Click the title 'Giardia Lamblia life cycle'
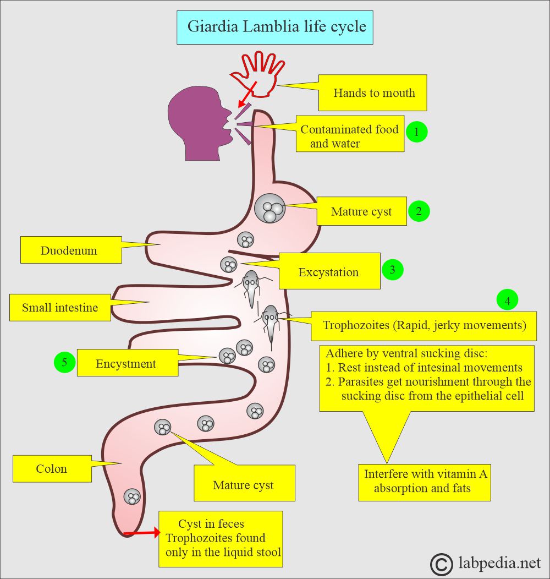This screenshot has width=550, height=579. [275, 26]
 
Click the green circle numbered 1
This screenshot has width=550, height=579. [416, 132]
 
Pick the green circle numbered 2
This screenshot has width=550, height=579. [419, 211]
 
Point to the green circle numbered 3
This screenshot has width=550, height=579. [392, 270]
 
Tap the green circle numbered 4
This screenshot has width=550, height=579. [507, 301]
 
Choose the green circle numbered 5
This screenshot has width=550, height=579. [64, 362]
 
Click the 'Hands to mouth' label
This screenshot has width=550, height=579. [373, 92]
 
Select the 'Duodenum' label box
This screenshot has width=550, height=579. [69, 250]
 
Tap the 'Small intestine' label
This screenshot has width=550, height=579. [60, 307]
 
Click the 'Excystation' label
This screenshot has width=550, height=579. [329, 271]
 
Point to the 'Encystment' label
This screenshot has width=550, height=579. [127, 363]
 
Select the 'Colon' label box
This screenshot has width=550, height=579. [52, 469]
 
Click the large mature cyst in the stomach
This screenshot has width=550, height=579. [269, 209]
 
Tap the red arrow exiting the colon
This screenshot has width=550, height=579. [141, 532]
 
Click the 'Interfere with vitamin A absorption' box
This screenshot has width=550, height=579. [424, 481]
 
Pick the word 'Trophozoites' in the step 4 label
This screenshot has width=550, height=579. [356, 325]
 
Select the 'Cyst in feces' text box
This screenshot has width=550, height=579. [221, 538]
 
